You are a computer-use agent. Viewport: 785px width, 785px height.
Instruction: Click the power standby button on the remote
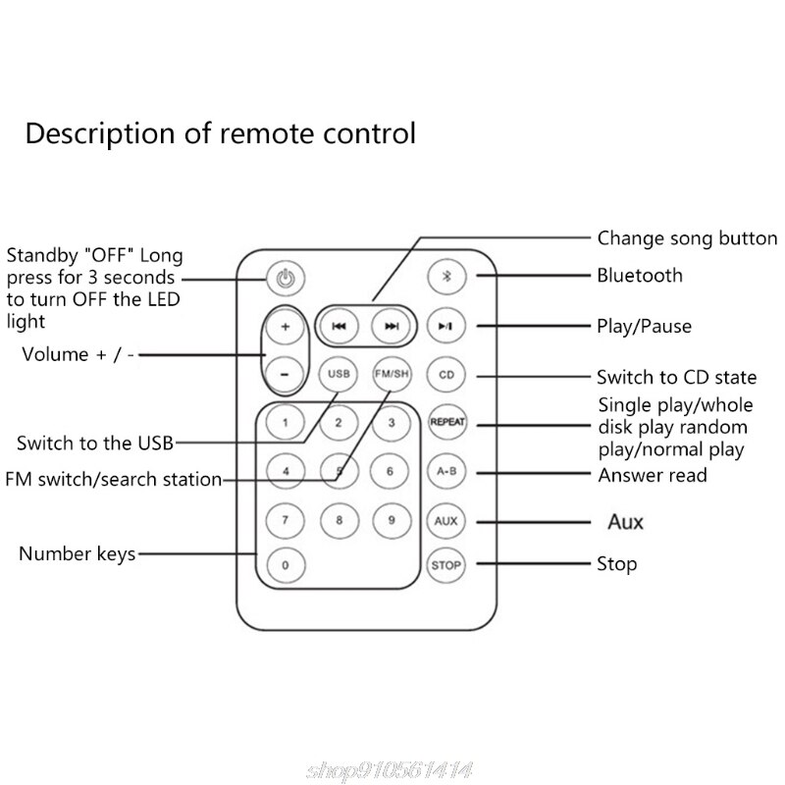(x=285, y=277)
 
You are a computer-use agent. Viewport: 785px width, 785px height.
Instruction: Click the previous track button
(x=339, y=327)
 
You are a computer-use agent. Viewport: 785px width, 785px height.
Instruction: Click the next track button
(x=392, y=327)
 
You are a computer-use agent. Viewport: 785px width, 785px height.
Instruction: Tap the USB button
(x=339, y=374)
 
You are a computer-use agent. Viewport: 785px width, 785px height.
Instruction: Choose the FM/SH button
(x=392, y=374)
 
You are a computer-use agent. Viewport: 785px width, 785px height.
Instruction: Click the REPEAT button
(x=446, y=422)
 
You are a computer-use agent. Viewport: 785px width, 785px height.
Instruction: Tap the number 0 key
(x=285, y=565)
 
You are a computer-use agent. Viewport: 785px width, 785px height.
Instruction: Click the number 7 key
(x=285, y=519)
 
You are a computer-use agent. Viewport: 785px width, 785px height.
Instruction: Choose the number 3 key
(x=391, y=423)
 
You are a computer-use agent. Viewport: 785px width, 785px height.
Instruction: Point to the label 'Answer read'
(x=652, y=476)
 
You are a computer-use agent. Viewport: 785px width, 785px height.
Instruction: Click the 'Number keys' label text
(x=77, y=555)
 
